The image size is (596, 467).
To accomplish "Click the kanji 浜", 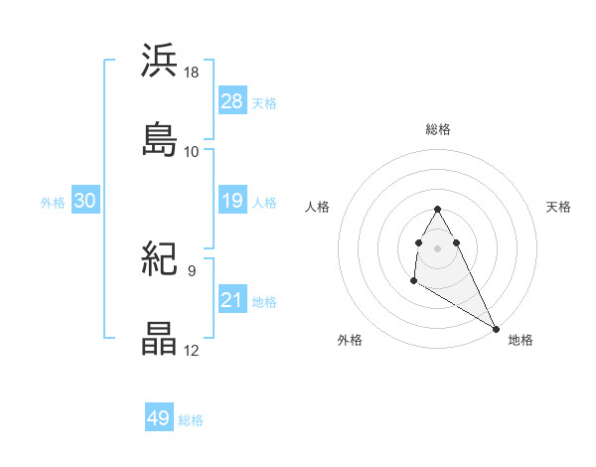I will click(160, 61).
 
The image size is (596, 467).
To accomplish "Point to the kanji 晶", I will click(160, 339).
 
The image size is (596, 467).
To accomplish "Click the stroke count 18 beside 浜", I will click(192, 73).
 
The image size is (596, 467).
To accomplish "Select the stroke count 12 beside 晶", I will click(192, 351).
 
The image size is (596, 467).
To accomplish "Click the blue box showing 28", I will click(231, 100).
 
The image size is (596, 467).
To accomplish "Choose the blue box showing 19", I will click(231, 201).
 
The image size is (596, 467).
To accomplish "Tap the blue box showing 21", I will click(231, 300).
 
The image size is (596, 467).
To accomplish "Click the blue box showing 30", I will click(85, 201).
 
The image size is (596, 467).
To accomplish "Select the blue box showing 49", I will click(159, 418).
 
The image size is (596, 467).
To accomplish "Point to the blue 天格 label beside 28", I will click(264, 102).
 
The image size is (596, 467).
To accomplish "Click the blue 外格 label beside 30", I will click(53, 202).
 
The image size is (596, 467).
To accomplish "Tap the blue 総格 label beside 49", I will click(191, 420).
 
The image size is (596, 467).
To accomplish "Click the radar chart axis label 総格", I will click(437, 129).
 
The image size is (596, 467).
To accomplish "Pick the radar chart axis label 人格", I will click(319, 207).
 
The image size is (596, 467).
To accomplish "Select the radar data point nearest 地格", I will click(497, 328).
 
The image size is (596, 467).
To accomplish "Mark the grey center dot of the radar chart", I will click(437, 245).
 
